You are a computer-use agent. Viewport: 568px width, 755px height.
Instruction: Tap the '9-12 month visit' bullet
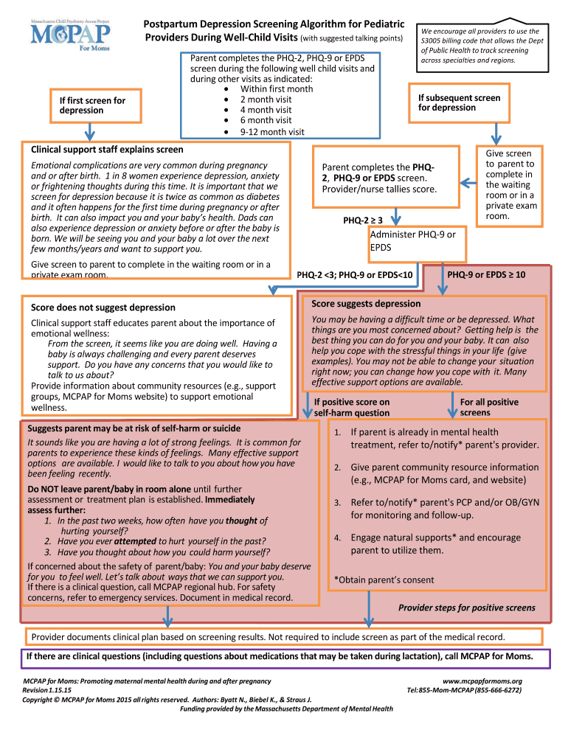coord(271,131)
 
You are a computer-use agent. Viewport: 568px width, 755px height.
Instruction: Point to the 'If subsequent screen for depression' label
coord(459,102)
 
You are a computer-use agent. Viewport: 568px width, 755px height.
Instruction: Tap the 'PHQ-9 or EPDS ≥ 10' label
coord(486,274)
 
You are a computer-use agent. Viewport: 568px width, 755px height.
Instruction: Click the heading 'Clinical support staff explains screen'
coord(107,149)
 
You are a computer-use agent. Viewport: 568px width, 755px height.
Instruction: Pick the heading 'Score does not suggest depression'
coord(103,307)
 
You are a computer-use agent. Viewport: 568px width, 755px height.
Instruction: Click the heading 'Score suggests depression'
coord(366,304)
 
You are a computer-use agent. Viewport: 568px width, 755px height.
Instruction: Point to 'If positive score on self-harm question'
coord(352,407)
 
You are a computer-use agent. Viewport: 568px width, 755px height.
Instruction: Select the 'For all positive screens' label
coord(489,407)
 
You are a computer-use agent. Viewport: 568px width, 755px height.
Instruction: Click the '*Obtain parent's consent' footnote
coord(384,580)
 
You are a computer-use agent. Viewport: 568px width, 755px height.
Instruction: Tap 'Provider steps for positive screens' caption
coord(467,608)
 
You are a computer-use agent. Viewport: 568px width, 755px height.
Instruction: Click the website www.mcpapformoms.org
coord(482,681)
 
